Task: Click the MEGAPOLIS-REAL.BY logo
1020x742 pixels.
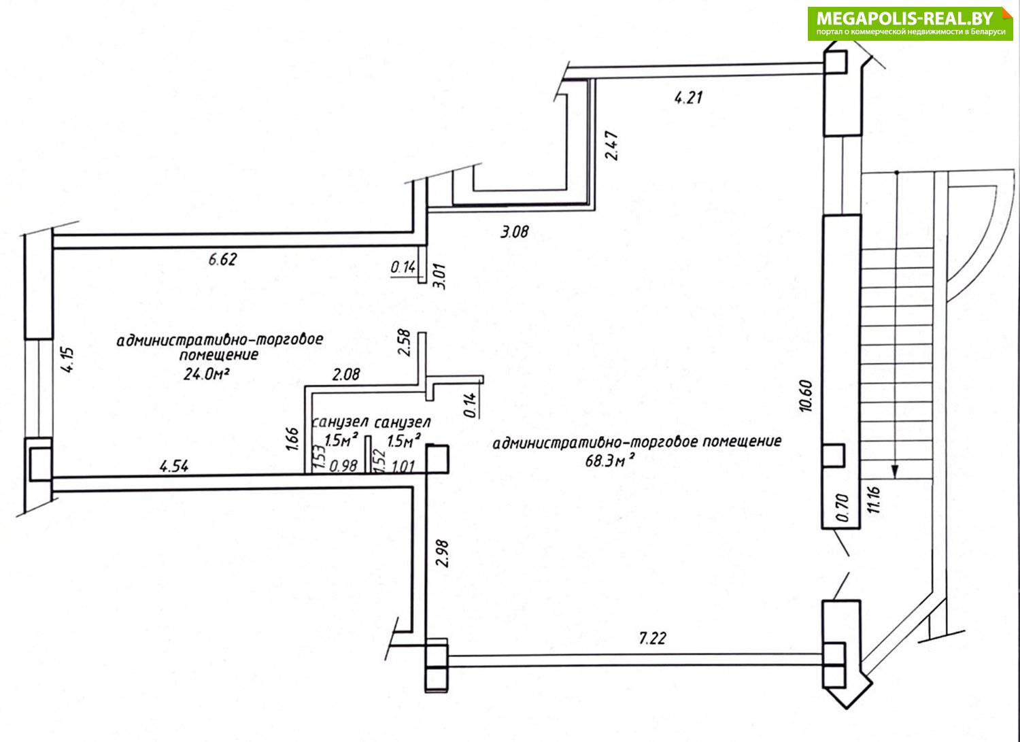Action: (x=911, y=24)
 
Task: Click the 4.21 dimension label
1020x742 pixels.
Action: (x=688, y=97)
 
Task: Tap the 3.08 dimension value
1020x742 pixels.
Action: (x=515, y=233)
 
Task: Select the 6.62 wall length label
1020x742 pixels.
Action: (x=222, y=260)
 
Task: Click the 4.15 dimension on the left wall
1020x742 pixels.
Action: (x=67, y=360)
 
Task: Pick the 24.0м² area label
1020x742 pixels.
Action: (x=206, y=374)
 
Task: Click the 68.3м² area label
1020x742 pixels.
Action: (x=610, y=461)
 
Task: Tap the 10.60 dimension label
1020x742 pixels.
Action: (x=806, y=396)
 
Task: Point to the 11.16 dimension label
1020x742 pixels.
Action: (x=874, y=500)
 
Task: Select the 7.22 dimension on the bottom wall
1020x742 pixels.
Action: (x=653, y=639)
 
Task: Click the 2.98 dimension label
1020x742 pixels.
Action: (x=442, y=554)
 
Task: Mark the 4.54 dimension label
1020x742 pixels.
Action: (x=174, y=467)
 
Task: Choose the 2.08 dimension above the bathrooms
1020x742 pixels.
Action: (x=346, y=375)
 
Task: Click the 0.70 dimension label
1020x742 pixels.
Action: (x=843, y=507)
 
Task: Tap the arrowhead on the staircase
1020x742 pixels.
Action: (x=895, y=471)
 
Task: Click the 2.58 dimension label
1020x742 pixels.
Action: (x=404, y=342)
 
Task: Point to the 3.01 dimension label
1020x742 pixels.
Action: (x=441, y=277)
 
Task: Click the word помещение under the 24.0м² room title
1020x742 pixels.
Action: (x=219, y=355)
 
